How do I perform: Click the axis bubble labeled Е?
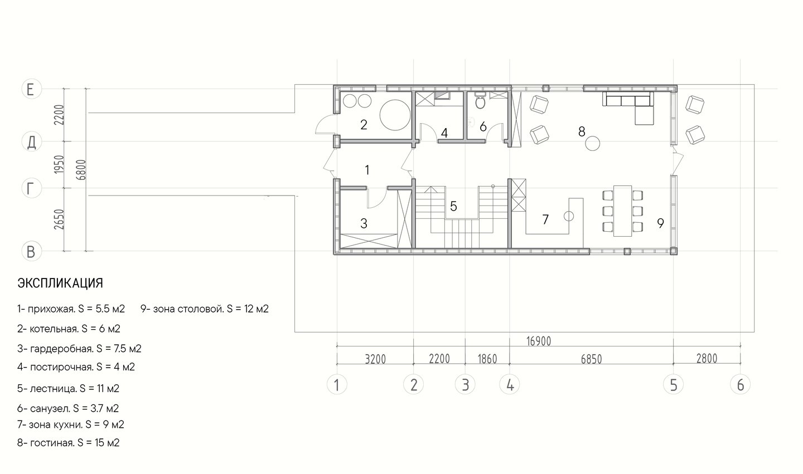point(32,89)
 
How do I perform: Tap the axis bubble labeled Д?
point(32,142)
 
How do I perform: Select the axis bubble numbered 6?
point(741,385)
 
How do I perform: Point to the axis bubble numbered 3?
point(465,385)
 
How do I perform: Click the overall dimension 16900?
point(539,341)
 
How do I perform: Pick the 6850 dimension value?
point(591,359)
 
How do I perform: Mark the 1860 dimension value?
point(487,359)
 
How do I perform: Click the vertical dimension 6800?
point(82,169)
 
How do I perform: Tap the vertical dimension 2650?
point(59,219)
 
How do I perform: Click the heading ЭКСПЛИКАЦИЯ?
point(60,283)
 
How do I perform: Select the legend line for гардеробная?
point(79,348)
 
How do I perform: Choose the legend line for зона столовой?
point(204,309)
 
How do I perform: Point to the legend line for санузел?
point(68,408)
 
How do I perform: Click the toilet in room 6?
point(480,101)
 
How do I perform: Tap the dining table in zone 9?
point(622,211)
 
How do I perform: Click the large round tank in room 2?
point(395,115)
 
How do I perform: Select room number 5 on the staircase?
point(453,206)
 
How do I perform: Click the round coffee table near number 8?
point(593,144)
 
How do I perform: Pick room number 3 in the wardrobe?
point(364,223)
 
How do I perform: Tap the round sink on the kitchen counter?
point(569,216)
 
